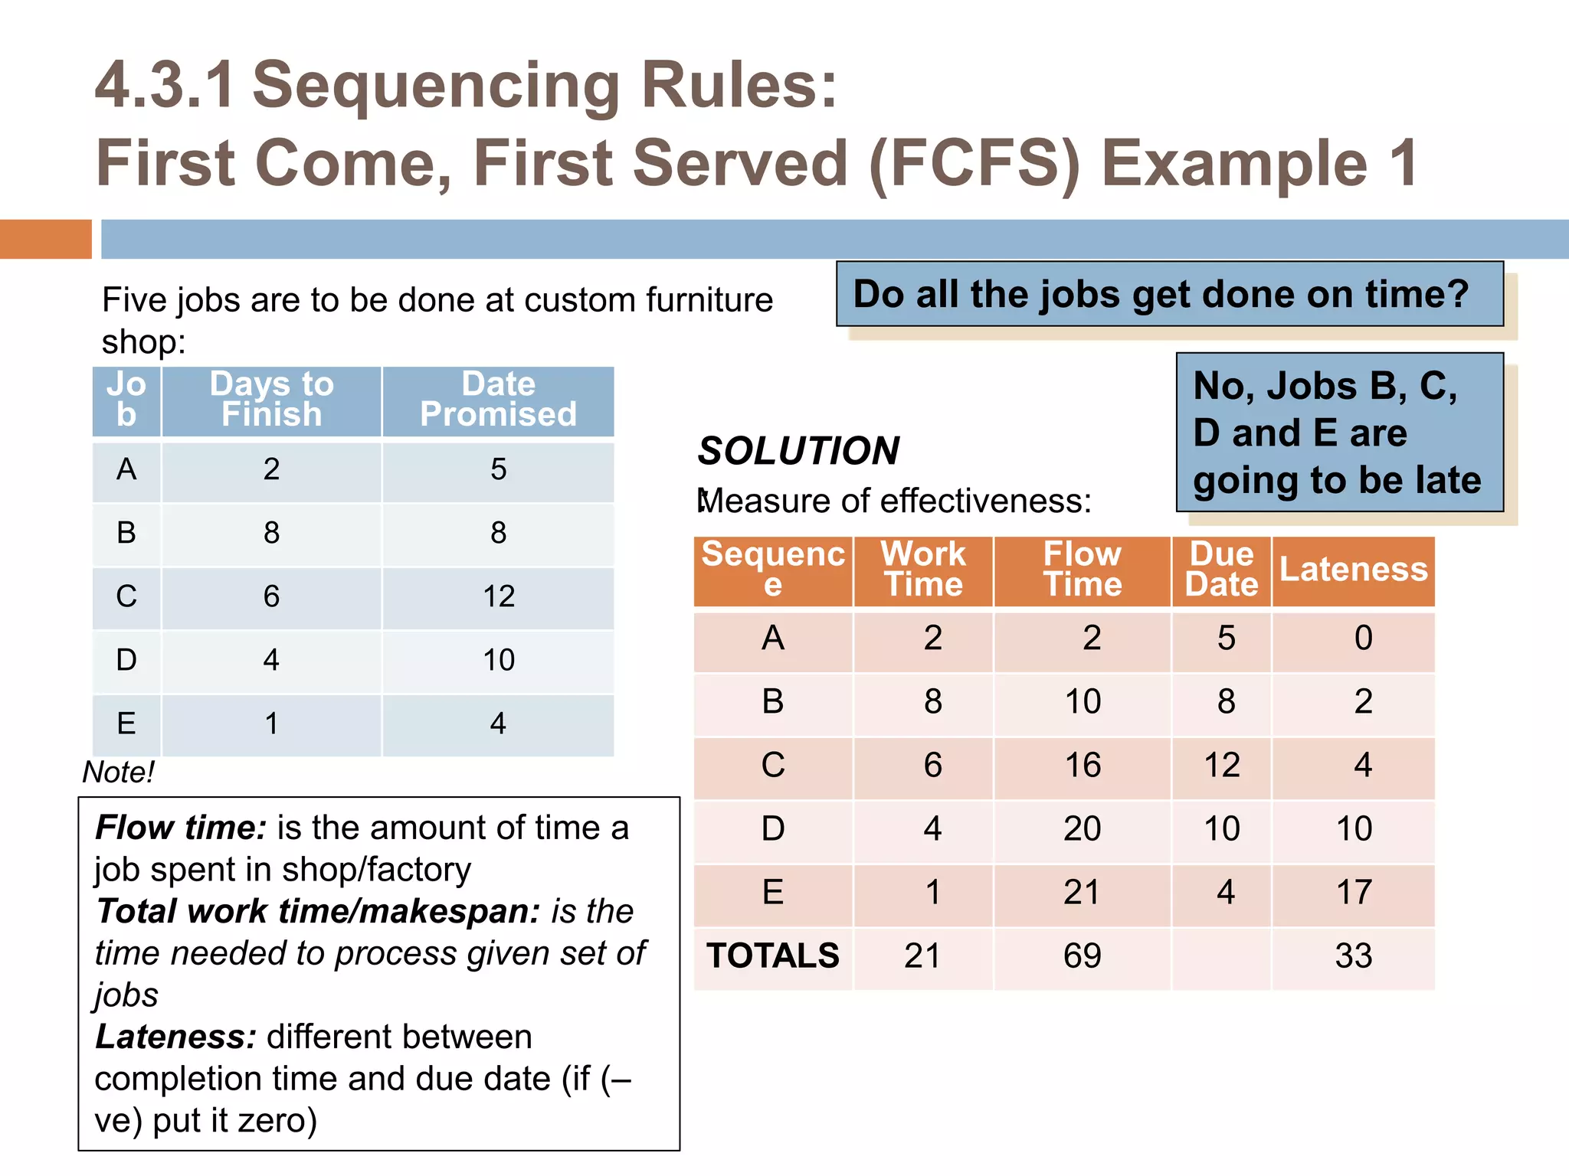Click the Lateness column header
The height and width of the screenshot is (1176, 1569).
[1353, 570]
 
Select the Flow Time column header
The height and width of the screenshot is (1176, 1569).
[1082, 570]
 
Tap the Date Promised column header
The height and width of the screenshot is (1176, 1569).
[498, 400]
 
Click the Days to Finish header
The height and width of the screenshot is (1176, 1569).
[271, 400]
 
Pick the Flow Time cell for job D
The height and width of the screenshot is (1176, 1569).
[1082, 829]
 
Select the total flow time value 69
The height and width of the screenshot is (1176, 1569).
[1082, 956]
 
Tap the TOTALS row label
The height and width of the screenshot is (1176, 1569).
[772, 956]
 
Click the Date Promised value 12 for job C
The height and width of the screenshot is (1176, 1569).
[498, 596]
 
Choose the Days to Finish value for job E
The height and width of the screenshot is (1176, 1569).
[271, 724]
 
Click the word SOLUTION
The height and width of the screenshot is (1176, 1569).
[798, 451]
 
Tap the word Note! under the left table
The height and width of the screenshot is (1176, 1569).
[119, 773]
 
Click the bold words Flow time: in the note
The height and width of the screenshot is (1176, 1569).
[181, 828]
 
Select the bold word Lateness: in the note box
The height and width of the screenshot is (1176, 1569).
[175, 1037]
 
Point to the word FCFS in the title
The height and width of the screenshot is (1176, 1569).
[974, 163]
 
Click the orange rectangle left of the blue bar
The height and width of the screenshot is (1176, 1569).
[45, 239]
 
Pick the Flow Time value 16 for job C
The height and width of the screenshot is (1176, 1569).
[1082, 766]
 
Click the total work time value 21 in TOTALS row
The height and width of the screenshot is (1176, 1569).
[922, 956]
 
